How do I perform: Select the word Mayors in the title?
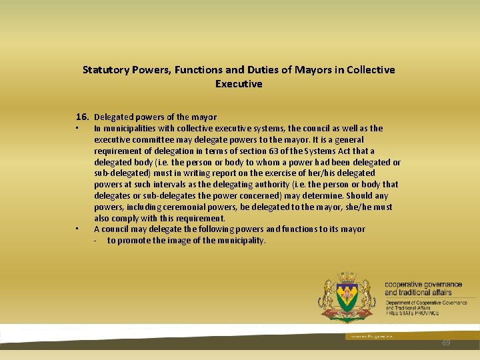(308, 70)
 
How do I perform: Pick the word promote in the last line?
(135, 241)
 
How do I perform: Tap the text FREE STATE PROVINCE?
(413, 313)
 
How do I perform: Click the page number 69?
(446, 343)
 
